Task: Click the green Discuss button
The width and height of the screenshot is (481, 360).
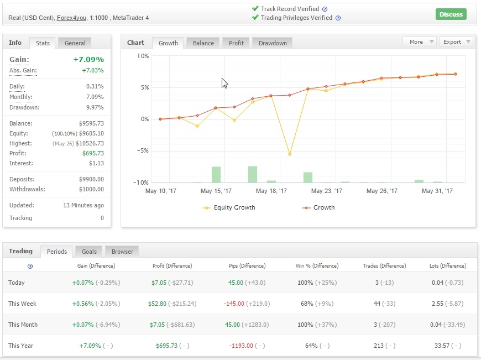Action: tap(451, 14)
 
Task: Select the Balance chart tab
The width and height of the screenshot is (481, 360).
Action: tap(203, 43)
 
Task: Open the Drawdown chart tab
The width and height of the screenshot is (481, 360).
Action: tap(273, 43)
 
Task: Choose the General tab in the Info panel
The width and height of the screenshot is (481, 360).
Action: tap(75, 43)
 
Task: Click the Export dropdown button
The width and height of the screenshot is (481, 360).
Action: tap(456, 42)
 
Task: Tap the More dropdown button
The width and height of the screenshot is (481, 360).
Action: tap(420, 42)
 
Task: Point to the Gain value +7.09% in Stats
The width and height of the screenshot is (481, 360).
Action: tap(88, 59)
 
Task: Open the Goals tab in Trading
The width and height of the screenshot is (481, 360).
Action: tap(89, 252)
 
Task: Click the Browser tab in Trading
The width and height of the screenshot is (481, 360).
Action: tap(122, 252)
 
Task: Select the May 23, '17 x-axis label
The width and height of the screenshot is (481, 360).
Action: tap(326, 191)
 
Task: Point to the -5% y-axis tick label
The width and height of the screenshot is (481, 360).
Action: tap(143, 151)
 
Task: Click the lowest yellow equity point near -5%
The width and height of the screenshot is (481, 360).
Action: tap(289, 154)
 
